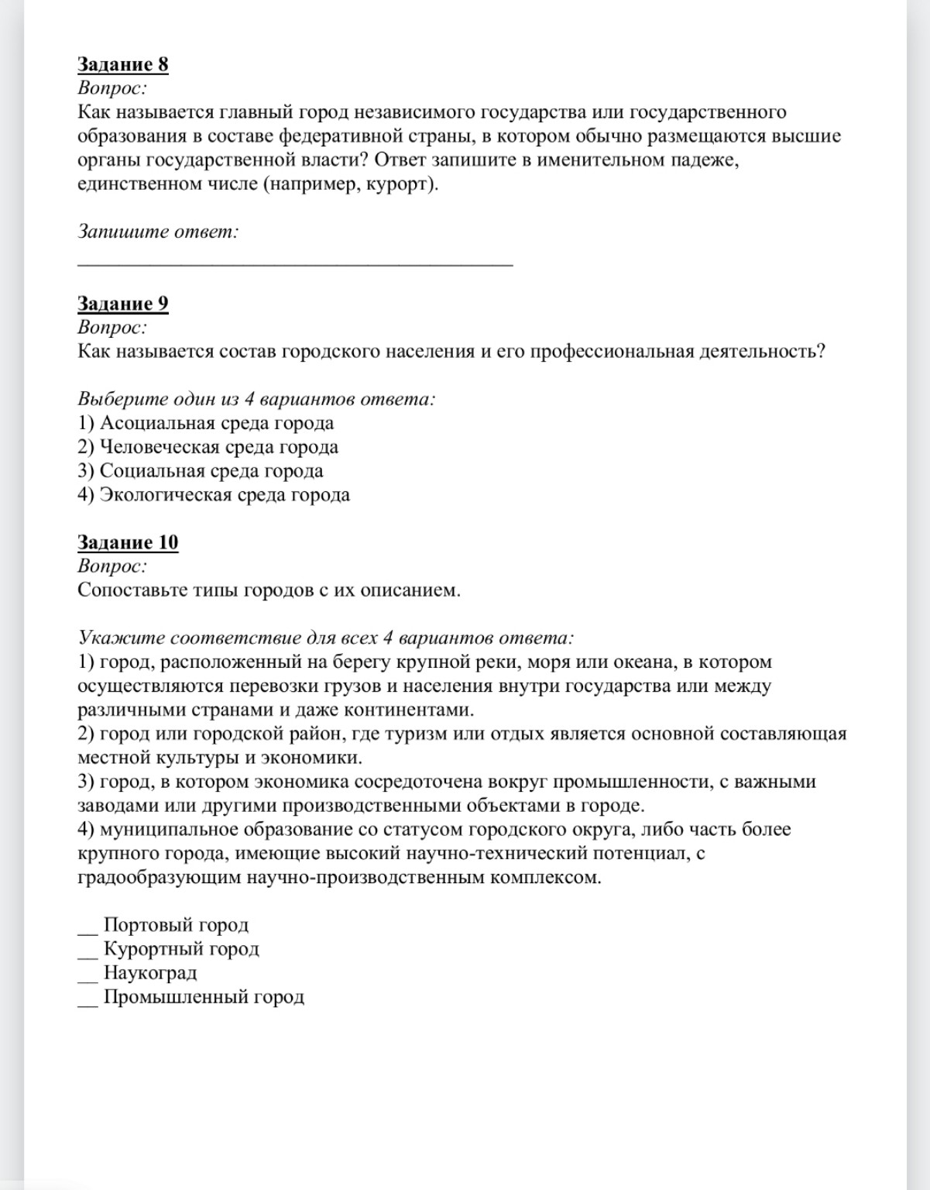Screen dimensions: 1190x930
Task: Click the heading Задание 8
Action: tap(122, 64)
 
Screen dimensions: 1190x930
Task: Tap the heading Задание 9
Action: tap(122, 304)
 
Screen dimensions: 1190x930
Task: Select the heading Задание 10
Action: tap(128, 542)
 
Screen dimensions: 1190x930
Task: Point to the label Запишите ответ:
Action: tap(158, 232)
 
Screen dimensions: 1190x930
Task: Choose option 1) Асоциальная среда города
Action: tap(206, 423)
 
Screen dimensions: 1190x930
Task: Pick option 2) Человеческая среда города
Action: tap(208, 447)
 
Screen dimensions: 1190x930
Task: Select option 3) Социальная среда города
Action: tap(201, 471)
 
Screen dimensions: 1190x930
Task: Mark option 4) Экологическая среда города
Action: tap(214, 495)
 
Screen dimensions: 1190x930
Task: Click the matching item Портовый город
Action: tap(176, 925)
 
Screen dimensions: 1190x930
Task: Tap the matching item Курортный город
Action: tap(181, 949)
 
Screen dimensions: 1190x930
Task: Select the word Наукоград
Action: tap(150, 973)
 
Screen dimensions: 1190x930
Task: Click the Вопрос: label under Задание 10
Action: tap(112, 566)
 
